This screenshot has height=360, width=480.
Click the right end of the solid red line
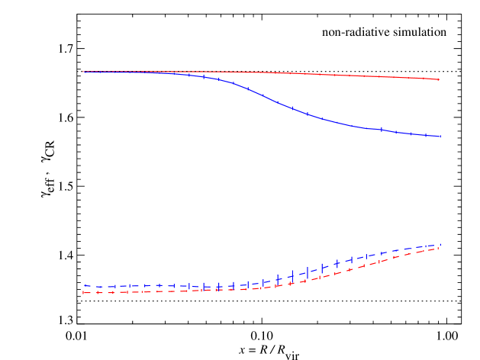(x=438, y=79)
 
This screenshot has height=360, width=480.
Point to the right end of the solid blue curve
(x=440, y=137)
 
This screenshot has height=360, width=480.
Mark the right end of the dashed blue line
(x=440, y=246)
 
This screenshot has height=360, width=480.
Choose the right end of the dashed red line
(x=440, y=249)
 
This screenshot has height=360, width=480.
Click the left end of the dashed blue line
(x=83, y=286)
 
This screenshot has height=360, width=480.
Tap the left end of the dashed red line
(x=83, y=292)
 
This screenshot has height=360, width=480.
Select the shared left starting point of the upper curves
(x=83, y=72)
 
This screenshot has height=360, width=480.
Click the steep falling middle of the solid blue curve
(x=267, y=97)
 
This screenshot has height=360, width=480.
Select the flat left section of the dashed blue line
(x=153, y=286)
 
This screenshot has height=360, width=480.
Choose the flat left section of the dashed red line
(x=153, y=291)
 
